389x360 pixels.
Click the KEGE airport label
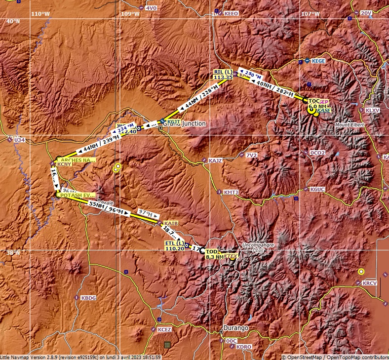[318, 61]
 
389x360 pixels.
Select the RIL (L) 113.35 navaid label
[223, 75]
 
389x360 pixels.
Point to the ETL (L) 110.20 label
[174, 246]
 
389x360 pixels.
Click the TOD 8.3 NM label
[214, 254]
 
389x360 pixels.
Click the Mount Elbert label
[350, 124]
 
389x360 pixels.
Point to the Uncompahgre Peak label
[254, 247]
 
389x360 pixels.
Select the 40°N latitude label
[13, 21]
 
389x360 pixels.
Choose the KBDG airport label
[88, 298]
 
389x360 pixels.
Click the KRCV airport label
[369, 283]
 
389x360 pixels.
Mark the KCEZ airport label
[164, 329]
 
